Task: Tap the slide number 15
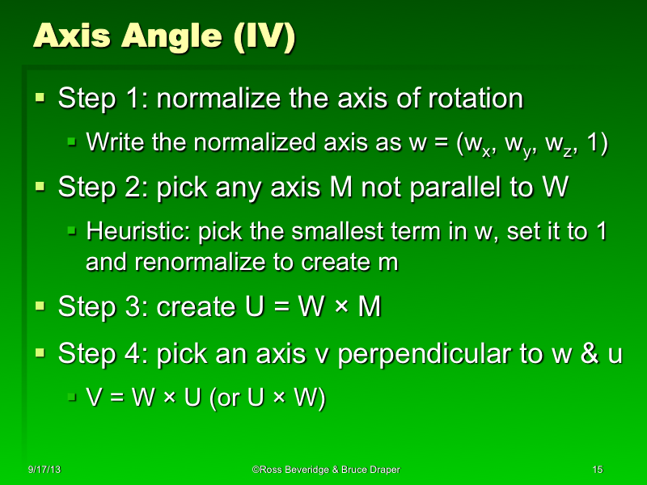click(598, 470)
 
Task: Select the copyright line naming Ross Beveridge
click(325, 470)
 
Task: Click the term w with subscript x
click(470, 144)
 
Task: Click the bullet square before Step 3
click(40, 306)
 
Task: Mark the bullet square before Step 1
click(40, 99)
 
